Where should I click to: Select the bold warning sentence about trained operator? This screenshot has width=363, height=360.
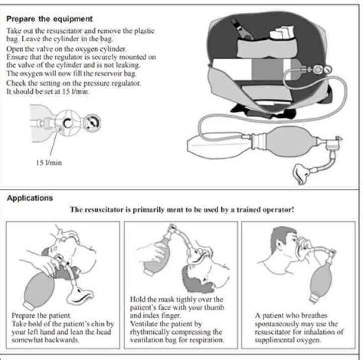tap(181, 209)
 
